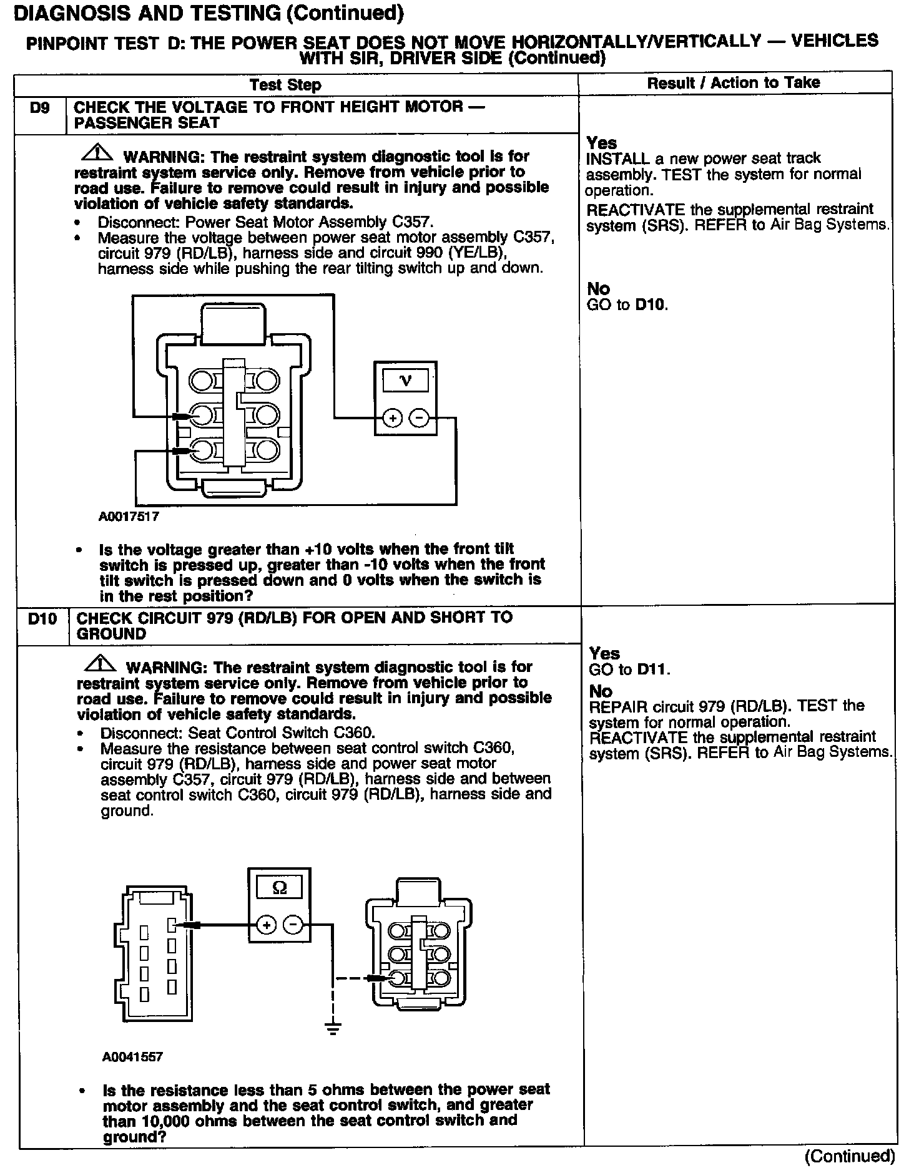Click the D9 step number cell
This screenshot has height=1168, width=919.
click(x=39, y=108)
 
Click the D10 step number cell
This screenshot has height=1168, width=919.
click(x=42, y=619)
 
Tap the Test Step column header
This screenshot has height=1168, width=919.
click(x=285, y=85)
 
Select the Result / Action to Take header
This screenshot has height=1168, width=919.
click(x=734, y=83)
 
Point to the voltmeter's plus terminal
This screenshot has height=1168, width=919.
click(x=392, y=418)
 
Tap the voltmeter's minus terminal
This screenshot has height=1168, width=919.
click(x=420, y=418)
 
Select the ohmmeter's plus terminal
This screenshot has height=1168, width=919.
click(x=267, y=925)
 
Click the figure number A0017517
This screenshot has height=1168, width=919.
click(x=129, y=517)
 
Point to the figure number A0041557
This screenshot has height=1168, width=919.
click(x=132, y=1057)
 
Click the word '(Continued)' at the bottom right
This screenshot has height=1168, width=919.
click(x=850, y=1156)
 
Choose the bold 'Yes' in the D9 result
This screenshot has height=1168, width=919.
click(x=602, y=143)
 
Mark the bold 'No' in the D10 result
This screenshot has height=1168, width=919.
click(x=601, y=691)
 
